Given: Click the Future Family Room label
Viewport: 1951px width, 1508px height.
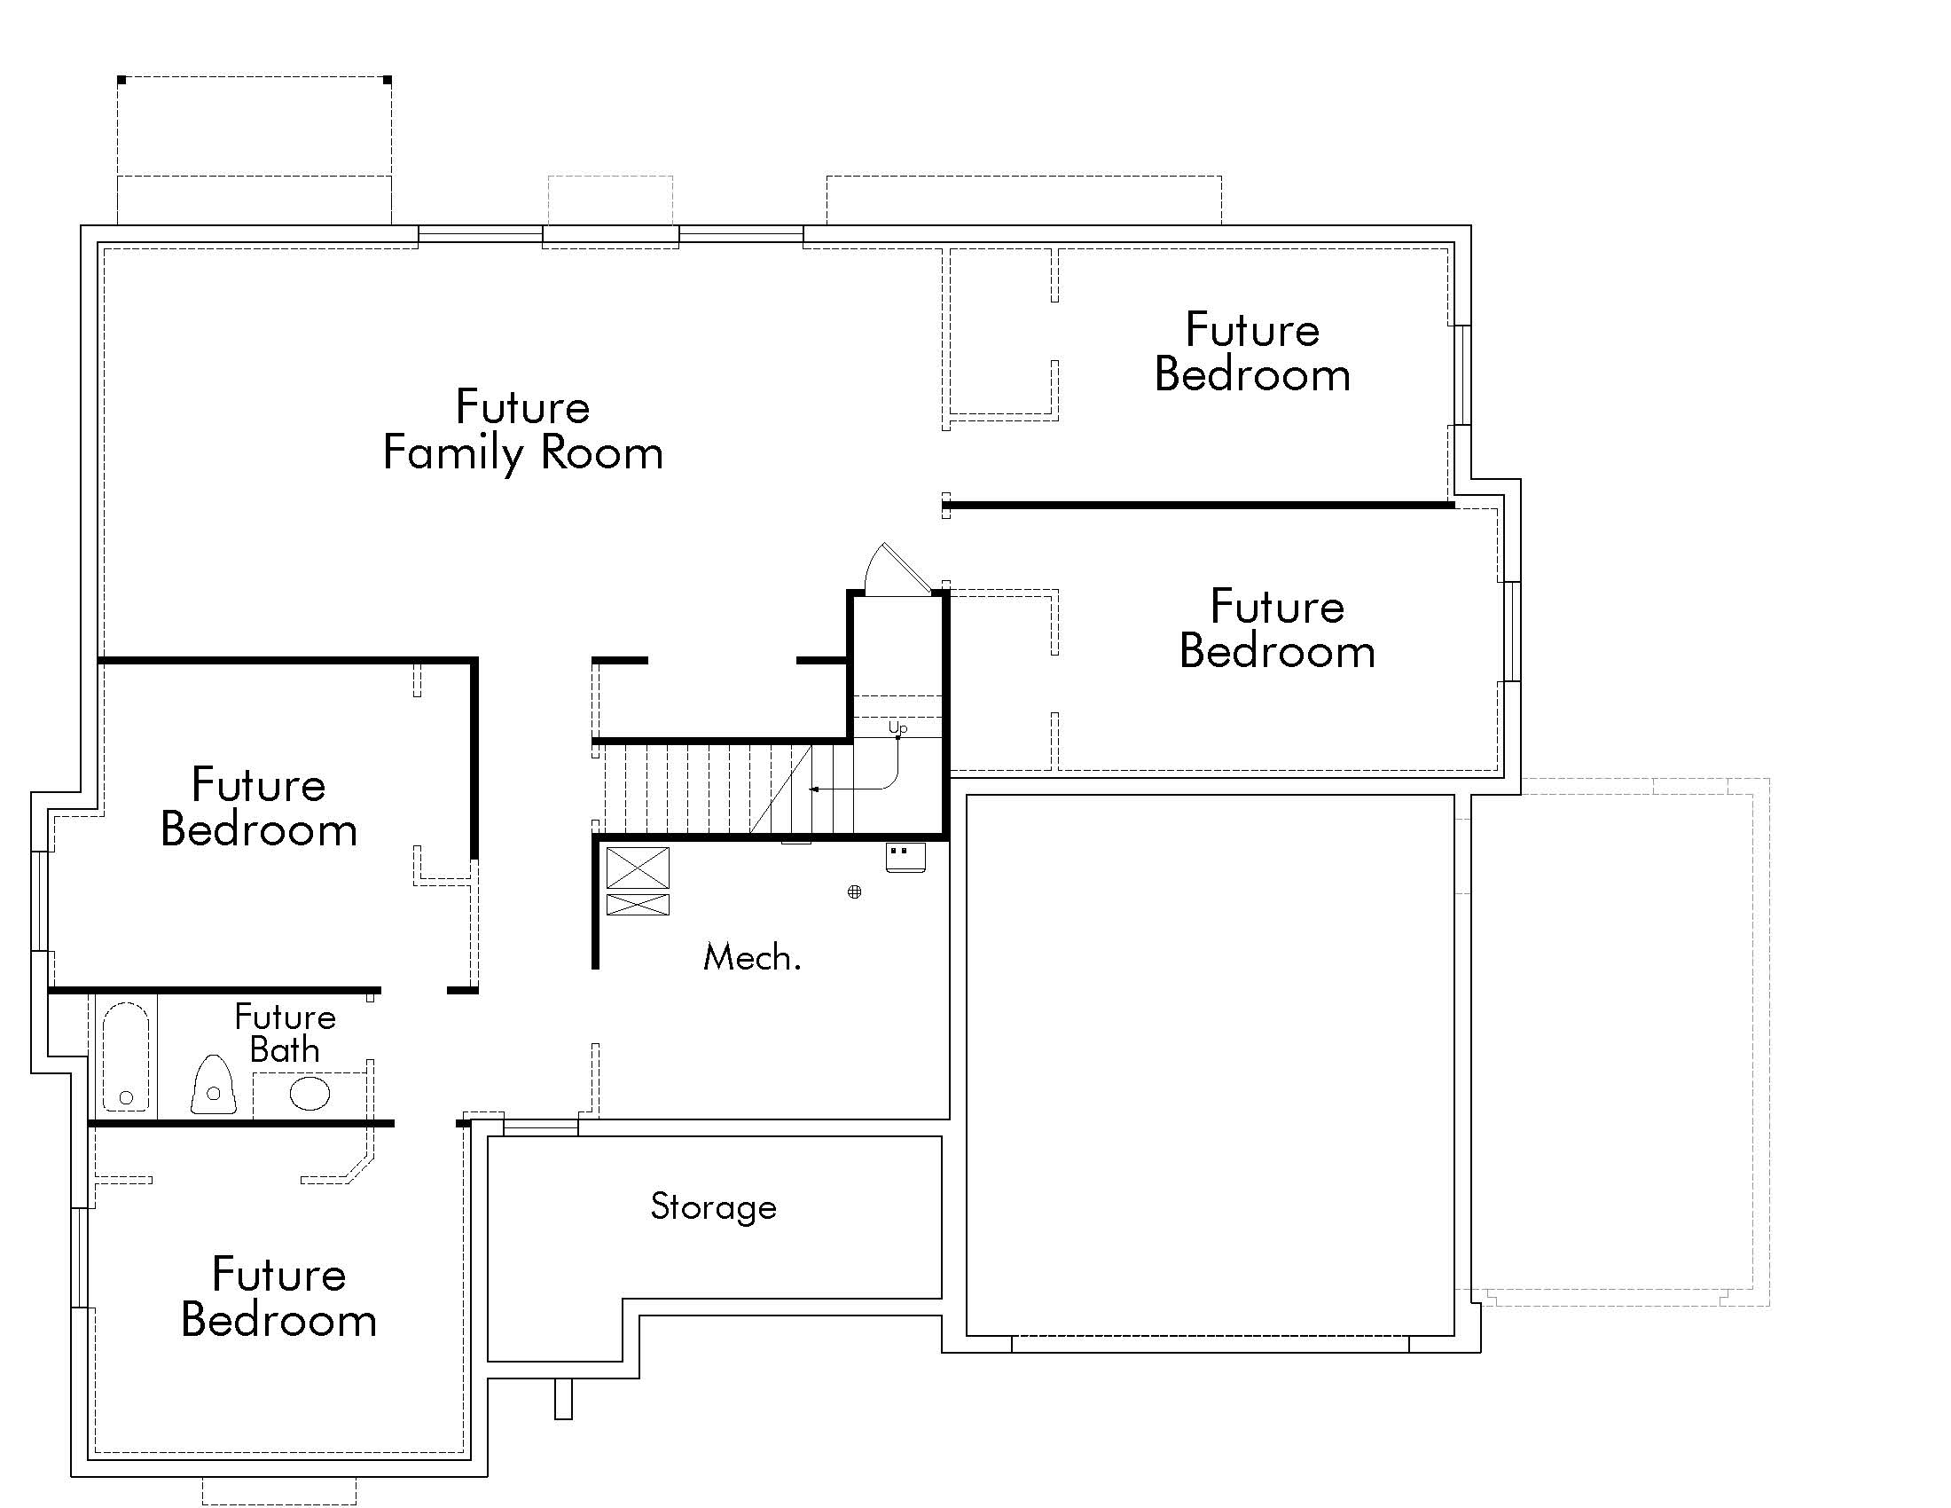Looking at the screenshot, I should tap(522, 429).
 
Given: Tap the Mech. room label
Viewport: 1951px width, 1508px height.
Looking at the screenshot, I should tap(751, 958).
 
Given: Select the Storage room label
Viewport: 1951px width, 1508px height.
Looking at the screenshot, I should tap(713, 1207).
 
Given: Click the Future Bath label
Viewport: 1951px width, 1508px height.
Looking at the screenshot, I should tap(284, 1033).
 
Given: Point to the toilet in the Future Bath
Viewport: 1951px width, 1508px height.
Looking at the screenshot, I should tap(214, 1087).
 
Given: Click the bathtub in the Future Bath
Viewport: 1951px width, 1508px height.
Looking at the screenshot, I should tap(126, 1057).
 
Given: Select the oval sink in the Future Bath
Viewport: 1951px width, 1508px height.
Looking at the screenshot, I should tap(309, 1094).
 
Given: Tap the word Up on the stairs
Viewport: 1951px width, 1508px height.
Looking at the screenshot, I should tap(897, 728).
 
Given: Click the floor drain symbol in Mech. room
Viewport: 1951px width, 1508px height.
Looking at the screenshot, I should tap(854, 891).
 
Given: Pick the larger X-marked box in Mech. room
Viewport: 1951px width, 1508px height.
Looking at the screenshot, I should tap(638, 868).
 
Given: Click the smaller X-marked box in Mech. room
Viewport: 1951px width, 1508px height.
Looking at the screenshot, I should tap(638, 904).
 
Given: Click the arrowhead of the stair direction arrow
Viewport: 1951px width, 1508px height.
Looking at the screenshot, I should tap(814, 789).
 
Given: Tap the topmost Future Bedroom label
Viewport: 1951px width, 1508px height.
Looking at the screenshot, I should tap(1251, 352).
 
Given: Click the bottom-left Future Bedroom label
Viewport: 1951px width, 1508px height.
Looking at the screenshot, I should tap(278, 1297).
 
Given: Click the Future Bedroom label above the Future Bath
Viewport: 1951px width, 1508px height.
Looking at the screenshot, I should tap(259, 807).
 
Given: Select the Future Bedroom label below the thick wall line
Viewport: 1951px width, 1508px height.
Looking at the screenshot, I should tap(1276, 629).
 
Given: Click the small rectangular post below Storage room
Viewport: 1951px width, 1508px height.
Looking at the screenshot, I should tap(563, 1399).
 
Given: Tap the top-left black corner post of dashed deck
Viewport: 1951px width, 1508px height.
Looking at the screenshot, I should tap(121, 81).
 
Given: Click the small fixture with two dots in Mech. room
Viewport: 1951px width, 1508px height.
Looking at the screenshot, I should tap(905, 857).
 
